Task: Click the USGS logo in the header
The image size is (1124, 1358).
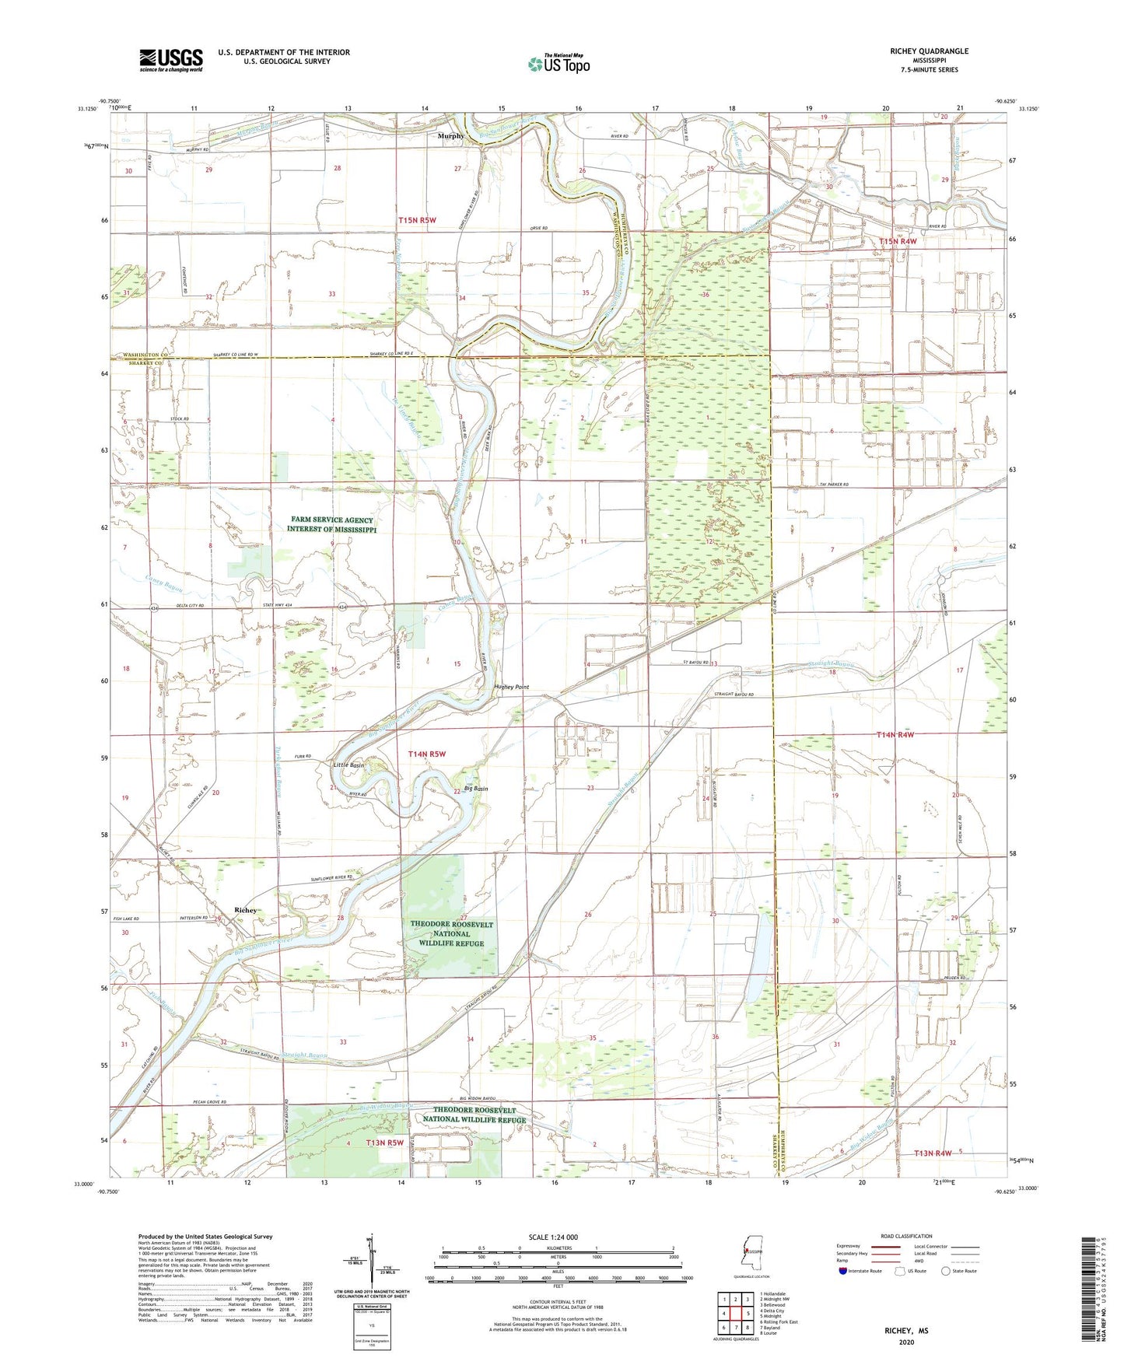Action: pos(171,60)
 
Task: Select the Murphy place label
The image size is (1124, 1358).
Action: pos(450,135)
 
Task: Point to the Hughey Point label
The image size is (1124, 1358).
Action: pos(511,687)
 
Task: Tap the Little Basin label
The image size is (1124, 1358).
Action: pos(348,765)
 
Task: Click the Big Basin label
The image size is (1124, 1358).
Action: pos(475,789)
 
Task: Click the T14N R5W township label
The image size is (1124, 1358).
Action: pos(427,754)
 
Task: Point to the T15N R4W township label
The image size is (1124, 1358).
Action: pos(898,241)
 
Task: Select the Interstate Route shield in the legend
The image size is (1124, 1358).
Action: pos(843,1271)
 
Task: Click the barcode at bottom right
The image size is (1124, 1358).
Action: pos(1089,1291)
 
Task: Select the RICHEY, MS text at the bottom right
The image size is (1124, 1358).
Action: pos(906,1331)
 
